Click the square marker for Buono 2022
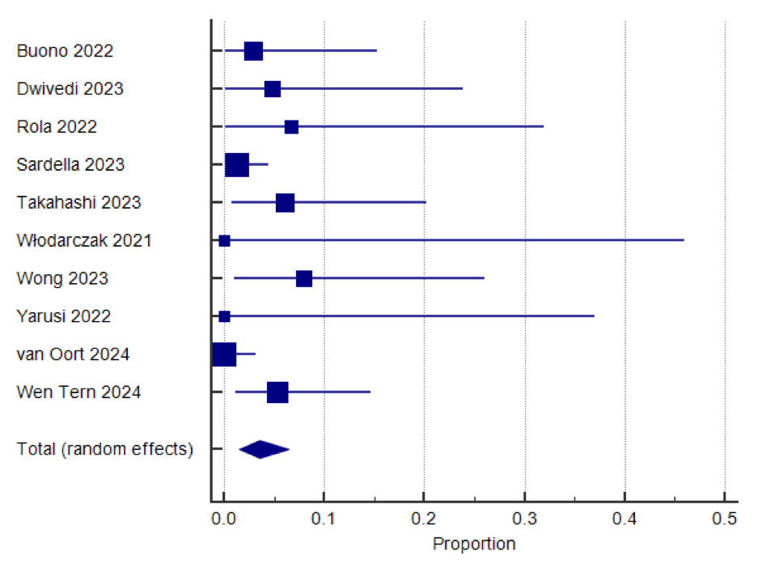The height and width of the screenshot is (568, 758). click(x=253, y=51)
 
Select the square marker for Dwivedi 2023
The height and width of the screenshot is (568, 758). click(x=273, y=89)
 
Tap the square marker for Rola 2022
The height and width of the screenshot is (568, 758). click(x=291, y=127)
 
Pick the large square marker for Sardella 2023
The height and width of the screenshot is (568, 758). click(x=237, y=164)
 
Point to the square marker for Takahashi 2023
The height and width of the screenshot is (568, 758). click(x=285, y=202)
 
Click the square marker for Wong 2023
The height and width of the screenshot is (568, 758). click(x=304, y=278)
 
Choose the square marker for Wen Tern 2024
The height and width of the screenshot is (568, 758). click(x=277, y=392)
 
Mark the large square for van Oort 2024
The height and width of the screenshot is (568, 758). click(x=224, y=354)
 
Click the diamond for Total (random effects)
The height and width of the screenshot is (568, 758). click(x=264, y=449)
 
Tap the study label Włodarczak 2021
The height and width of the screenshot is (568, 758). click(x=84, y=240)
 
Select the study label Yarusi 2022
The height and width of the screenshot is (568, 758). click(x=64, y=316)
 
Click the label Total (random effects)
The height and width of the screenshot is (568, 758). click(x=105, y=449)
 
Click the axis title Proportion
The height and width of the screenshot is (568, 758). click(x=474, y=543)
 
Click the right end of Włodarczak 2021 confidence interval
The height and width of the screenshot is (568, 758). click(x=684, y=240)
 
